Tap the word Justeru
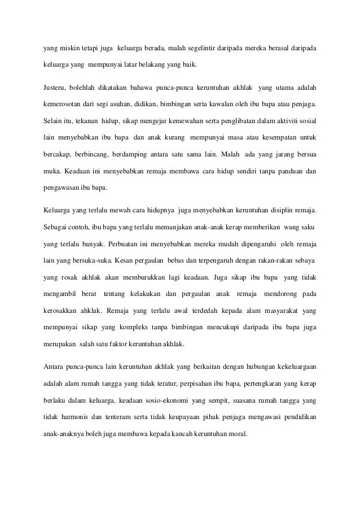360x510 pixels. coord(55,89)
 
